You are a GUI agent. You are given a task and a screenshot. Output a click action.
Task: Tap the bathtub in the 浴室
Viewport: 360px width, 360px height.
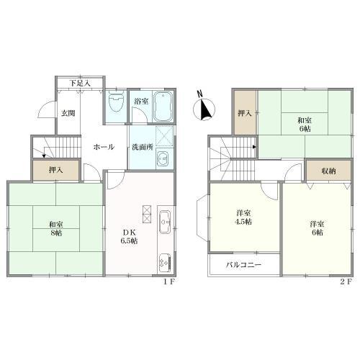click(x=163, y=107)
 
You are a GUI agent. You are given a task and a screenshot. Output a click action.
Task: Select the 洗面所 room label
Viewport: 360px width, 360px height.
click(x=143, y=147)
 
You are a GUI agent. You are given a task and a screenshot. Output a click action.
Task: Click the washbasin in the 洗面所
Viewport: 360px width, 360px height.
click(x=163, y=158)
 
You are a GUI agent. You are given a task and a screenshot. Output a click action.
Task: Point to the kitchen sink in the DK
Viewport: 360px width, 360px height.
click(x=165, y=222)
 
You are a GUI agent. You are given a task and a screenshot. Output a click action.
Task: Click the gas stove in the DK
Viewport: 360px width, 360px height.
click(x=165, y=264)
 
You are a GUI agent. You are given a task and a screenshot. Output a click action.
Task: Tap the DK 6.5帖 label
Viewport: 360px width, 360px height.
click(x=129, y=237)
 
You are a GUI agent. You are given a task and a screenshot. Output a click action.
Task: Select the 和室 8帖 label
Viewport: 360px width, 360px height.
click(x=56, y=229)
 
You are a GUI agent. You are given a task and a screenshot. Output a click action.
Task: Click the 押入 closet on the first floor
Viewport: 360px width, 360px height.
click(x=56, y=170)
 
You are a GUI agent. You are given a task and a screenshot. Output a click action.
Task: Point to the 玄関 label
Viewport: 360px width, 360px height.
click(x=68, y=113)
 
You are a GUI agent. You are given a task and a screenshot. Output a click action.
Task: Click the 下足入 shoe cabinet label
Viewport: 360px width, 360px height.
click(x=80, y=84)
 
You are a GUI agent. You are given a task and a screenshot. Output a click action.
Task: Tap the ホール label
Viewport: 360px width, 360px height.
click(x=104, y=147)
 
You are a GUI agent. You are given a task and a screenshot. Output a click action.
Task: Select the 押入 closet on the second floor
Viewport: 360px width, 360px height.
click(x=245, y=112)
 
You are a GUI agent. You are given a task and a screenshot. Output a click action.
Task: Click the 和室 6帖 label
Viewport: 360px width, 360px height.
click(x=305, y=125)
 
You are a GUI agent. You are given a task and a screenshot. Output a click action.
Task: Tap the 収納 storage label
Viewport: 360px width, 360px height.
click(x=328, y=171)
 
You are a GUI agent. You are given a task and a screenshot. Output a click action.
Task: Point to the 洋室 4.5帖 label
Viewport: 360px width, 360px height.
click(x=243, y=217)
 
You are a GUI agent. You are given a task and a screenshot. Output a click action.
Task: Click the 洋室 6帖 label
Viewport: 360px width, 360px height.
click(x=317, y=228)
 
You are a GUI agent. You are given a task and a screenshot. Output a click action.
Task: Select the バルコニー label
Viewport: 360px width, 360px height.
click(x=243, y=265)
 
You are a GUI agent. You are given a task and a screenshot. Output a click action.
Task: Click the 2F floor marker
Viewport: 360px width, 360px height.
click(x=346, y=282)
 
